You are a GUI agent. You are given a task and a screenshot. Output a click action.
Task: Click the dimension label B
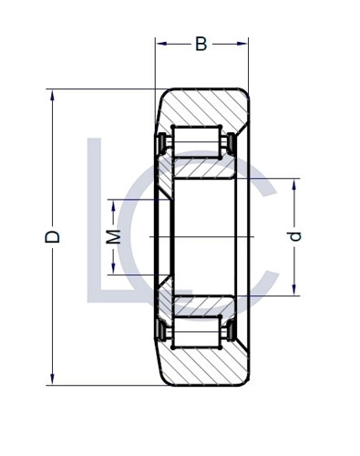[x=201, y=44]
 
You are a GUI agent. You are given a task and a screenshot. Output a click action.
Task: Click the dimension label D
[x=54, y=236]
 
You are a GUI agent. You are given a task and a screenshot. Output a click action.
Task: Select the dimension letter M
[x=113, y=237]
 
